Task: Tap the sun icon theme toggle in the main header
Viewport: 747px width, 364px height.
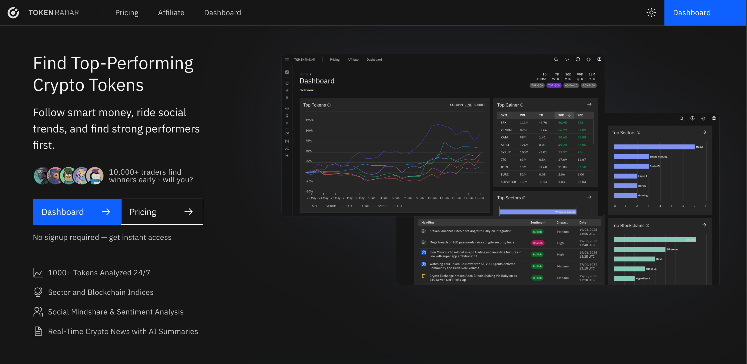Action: (651, 13)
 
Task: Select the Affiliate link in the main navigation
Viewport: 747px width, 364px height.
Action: (171, 13)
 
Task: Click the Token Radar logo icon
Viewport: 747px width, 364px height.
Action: (13, 13)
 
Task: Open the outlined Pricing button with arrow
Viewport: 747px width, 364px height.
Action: (162, 212)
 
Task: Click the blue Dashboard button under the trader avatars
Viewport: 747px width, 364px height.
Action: (77, 212)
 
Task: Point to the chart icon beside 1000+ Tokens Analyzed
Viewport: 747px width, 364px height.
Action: (38, 273)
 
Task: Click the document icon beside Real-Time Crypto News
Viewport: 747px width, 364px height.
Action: (38, 331)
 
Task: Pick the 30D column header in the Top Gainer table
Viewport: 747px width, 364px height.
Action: (561, 115)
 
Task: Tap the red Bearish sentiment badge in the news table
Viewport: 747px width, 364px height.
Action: (537, 243)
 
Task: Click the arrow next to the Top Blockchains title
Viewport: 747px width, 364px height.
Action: (704, 225)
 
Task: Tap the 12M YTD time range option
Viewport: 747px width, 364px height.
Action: (592, 77)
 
